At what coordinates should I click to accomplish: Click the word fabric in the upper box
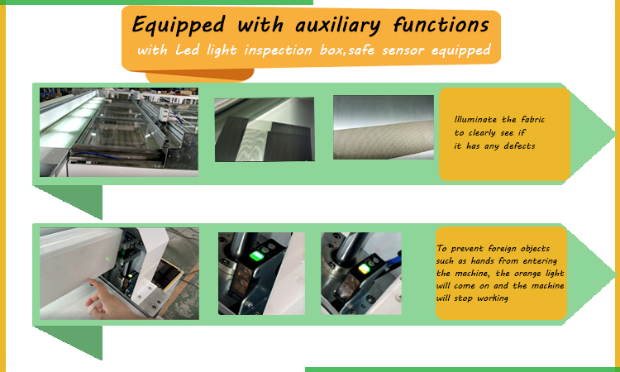point(528,120)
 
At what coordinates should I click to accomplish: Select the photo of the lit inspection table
point(119,131)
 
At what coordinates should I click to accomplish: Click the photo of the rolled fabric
point(383,128)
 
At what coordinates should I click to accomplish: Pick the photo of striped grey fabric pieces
point(264,130)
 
